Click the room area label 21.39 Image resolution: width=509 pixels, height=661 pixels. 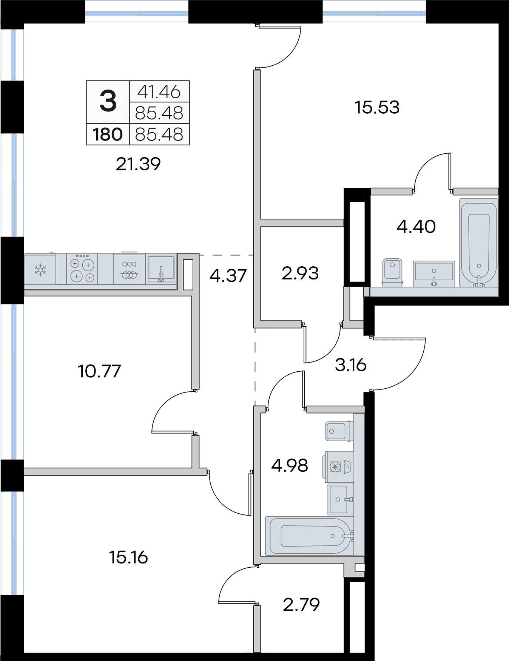pyautogui.click(x=138, y=164)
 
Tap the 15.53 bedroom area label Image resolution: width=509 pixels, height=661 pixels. pyautogui.click(x=377, y=108)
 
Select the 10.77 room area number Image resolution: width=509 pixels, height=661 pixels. pyautogui.click(x=99, y=371)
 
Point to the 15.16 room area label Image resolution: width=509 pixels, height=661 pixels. pyautogui.click(x=128, y=558)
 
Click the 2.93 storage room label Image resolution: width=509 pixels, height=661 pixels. pyautogui.click(x=300, y=273)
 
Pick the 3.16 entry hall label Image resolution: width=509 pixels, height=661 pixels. pyautogui.click(x=351, y=365)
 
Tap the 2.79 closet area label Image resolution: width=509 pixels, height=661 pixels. pyautogui.click(x=301, y=604)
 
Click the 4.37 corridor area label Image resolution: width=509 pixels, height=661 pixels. pyautogui.click(x=228, y=276)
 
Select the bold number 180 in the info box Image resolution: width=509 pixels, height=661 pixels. pyautogui.click(x=108, y=134)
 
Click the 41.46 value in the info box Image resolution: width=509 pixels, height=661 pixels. pyautogui.click(x=159, y=92)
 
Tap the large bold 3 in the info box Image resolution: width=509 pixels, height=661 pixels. pyautogui.click(x=108, y=102)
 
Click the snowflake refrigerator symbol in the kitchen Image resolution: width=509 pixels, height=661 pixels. pyautogui.click(x=40, y=269)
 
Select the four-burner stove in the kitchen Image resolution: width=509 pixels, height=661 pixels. pyautogui.click(x=82, y=268)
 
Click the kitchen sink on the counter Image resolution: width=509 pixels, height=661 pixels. pyautogui.click(x=161, y=269)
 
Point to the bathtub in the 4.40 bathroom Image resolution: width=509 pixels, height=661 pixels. pyautogui.click(x=479, y=243)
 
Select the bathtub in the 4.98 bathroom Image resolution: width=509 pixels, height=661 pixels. pyautogui.click(x=310, y=536)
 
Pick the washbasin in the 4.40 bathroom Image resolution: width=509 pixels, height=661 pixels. pyautogui.click(x=434, y=273)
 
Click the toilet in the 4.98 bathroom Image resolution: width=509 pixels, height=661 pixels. pyautogui.click(x=339, y=431)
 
